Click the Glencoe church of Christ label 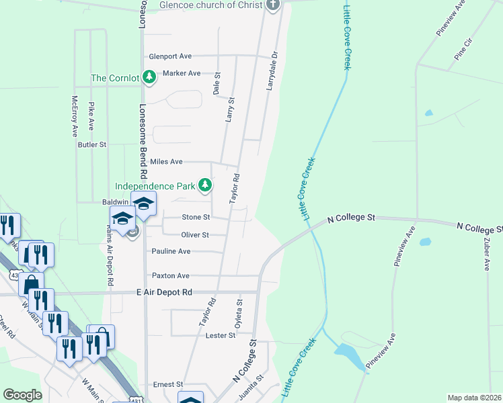pyautogui.click(x=209, y=5)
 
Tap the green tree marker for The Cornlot pyautogui.click(x=149, y=78)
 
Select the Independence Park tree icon pyautogui.click(x=204, y=185)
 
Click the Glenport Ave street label pyautogui.click(x=170, y=56)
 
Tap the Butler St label pyautogui.click(x=92, y=144)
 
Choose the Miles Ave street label pyautogui.click(x=166, y=162)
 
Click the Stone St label pyautogui.click(x=196, y=218)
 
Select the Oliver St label pyautogui.click(x=195, y=235)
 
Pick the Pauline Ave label pyautogui.click(x=171, y=251)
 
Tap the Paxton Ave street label pyautogui.click(x=170, y=276)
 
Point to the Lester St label pyautogui.click(x=221, y=334)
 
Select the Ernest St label pyautogui.click(x=168, y=384)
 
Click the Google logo pyautogui.click(x=22, y=395)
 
